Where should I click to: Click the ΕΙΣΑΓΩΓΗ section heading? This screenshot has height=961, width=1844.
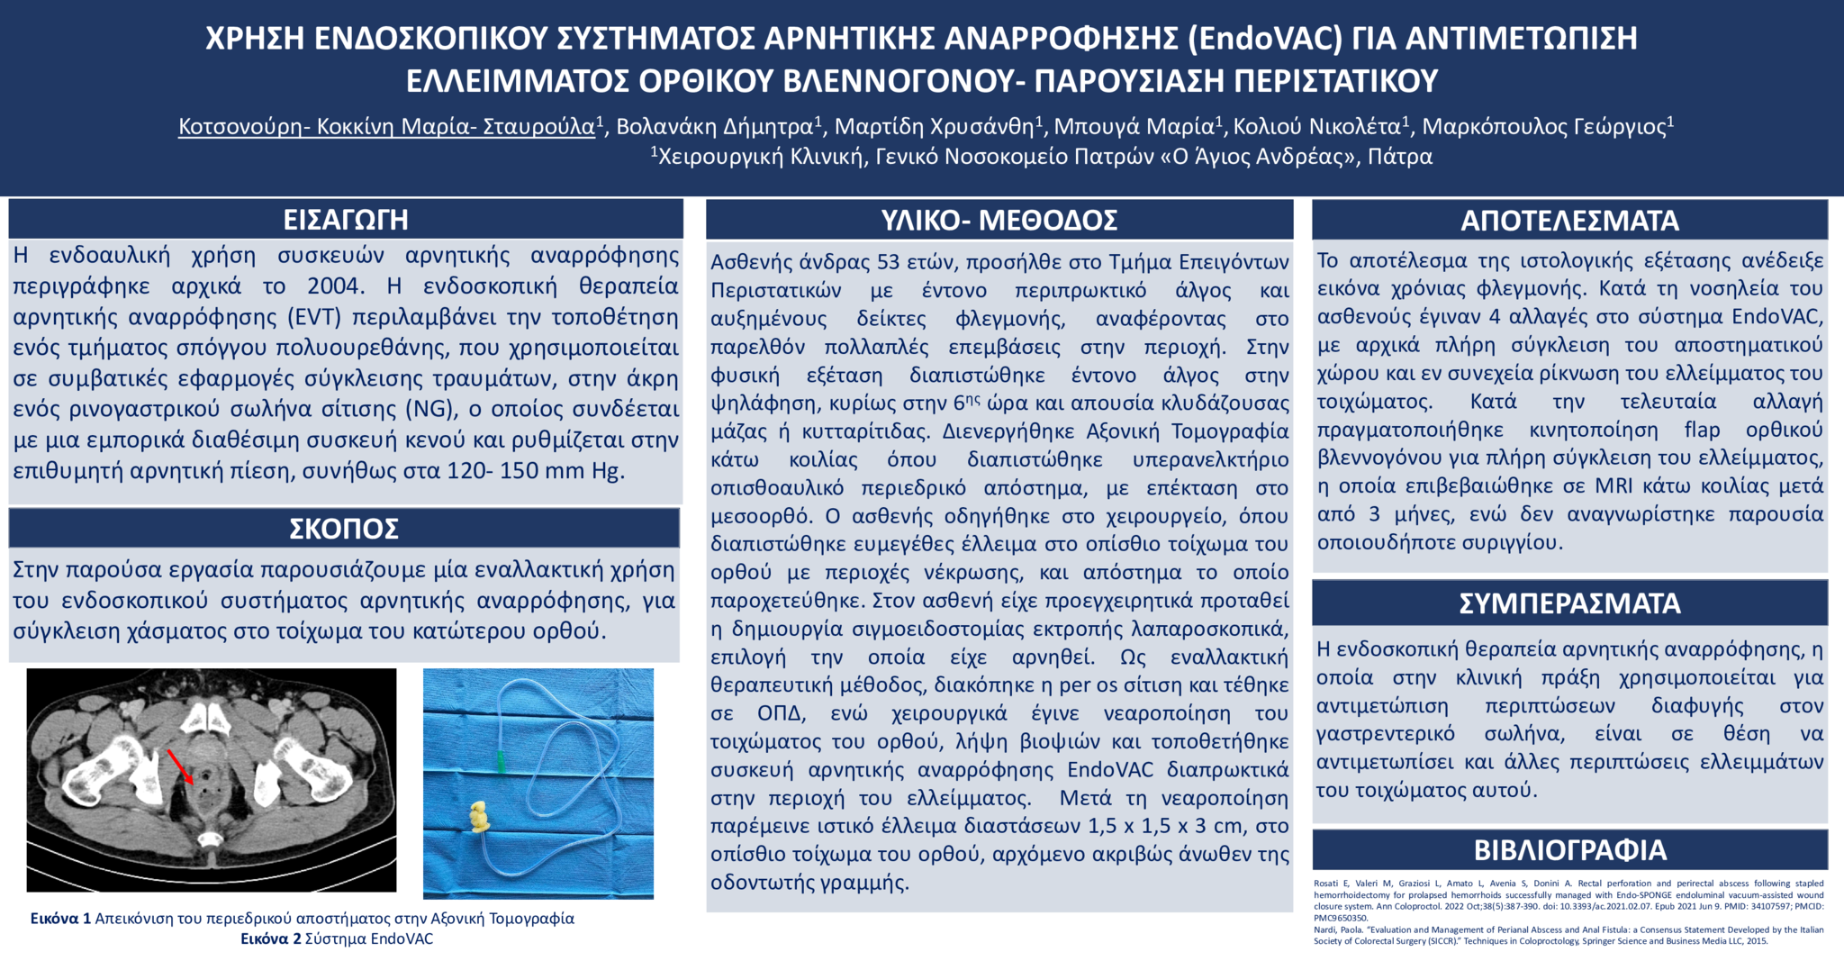(346, 219)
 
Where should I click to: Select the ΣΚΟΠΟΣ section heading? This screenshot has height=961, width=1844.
(344, 529)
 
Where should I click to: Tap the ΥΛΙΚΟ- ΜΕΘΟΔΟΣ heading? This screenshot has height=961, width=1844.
(999, 220)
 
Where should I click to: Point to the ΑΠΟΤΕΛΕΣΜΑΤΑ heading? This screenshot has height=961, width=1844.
(1569, 221)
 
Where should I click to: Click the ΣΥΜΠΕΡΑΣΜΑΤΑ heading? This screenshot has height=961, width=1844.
(1569, 603)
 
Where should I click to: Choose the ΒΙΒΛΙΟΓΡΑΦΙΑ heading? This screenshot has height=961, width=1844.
(1569, 849)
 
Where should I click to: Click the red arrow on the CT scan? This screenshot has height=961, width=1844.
(180, 766)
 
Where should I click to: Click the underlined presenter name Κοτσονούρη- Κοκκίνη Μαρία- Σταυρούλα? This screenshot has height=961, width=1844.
(387, 126)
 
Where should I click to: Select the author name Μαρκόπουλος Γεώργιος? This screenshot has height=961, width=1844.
(1543, 126)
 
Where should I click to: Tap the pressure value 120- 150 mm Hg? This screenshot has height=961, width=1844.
(535, 471)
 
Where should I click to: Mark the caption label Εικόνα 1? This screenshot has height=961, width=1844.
(60, 919)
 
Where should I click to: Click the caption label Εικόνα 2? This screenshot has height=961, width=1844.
(270, 938)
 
